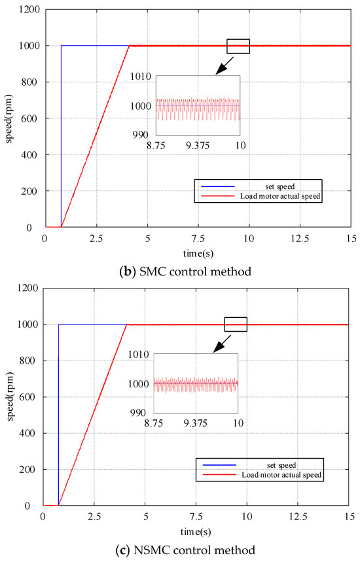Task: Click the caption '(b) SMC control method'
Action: click(x=180, y=272)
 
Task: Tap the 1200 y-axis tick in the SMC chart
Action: click(x=29, y=10)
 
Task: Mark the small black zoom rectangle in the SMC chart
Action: click(x=238, y=46)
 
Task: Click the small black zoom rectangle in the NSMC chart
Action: click(x=236, y=325)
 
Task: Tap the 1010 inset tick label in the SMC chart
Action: click(x=140, y=77)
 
